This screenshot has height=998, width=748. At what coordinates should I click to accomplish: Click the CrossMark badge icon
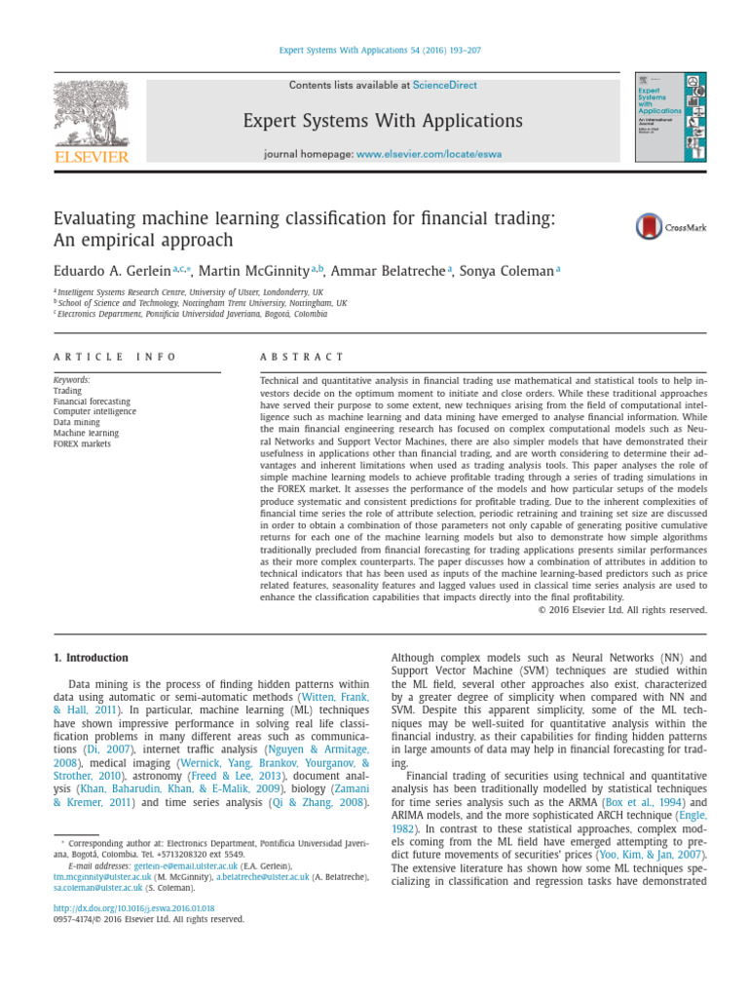650,227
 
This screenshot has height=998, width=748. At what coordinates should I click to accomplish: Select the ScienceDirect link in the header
444,85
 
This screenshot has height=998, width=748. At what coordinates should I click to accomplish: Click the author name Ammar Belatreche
390,270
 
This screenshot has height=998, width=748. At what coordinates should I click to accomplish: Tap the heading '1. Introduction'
91,657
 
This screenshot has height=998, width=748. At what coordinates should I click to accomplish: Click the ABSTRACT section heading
303,357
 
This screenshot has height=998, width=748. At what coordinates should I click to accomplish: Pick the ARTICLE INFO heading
115,357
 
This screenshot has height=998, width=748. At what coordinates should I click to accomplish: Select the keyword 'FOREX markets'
83,443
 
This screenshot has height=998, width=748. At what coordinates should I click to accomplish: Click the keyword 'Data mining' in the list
76,422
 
